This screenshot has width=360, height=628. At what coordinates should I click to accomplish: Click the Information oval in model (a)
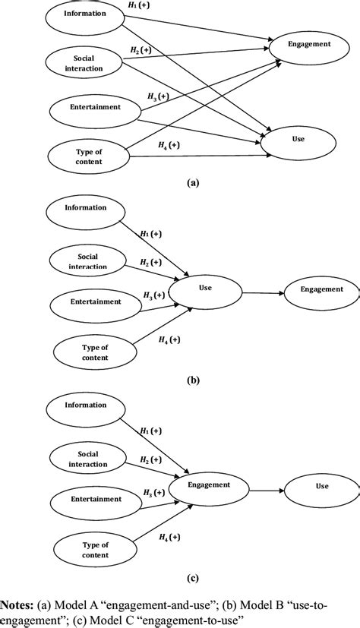point(86,14)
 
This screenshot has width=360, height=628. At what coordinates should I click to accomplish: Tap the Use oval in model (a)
point(308,140)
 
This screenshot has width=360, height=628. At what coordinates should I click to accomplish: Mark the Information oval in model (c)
point(86,404)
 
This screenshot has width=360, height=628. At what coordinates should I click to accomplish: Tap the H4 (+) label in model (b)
point(168,339)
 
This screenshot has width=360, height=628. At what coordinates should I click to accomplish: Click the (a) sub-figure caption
point(194,183)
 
